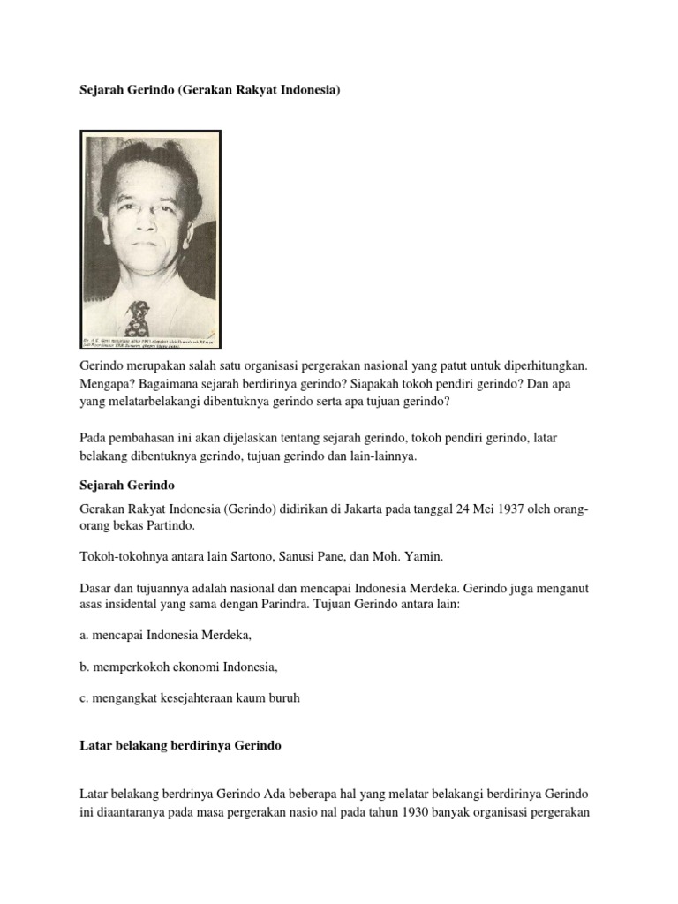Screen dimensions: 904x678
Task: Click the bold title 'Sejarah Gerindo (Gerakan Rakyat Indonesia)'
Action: tap(210, 90)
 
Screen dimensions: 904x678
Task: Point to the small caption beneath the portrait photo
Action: tap(151, 339)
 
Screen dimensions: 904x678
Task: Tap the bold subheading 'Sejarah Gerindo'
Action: tap(128, 486)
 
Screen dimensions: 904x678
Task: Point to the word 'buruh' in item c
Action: tap(282, 697)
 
